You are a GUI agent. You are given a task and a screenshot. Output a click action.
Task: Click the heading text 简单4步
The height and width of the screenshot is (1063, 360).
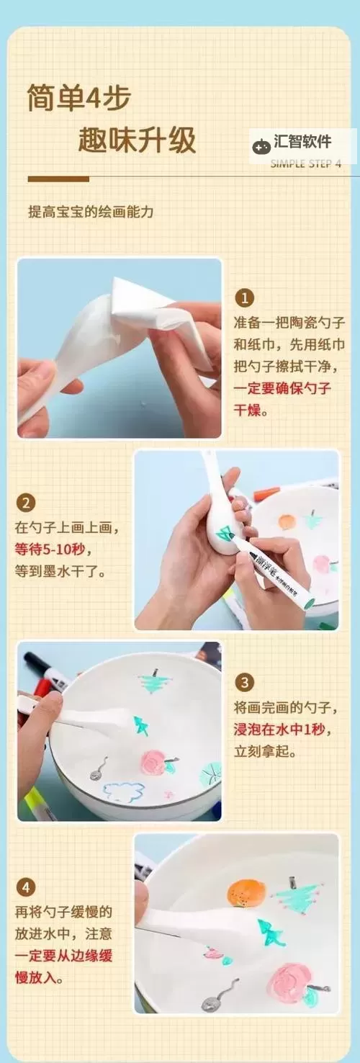(x=79, y=97)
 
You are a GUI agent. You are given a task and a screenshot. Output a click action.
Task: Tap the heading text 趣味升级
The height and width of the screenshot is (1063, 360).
(x=137, y=140)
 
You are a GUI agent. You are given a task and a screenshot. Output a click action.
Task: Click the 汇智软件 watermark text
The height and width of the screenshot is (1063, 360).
(x=302, y=142)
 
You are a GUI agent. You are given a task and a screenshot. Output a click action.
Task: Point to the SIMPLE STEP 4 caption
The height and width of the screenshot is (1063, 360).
(x=306, y=163)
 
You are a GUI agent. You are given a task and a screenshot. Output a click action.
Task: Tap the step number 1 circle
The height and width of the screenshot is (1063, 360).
(x=246, y=297)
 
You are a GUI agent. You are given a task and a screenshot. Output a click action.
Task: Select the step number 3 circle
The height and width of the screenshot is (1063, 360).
(x=246, y=682)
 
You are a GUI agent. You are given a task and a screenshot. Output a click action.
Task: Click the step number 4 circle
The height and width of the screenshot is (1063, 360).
(x=25, y=887)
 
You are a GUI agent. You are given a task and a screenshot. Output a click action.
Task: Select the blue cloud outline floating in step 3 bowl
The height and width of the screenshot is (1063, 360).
(x=124, y=791)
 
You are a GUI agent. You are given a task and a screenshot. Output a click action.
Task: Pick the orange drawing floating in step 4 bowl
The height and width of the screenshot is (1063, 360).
(x=246, y=893)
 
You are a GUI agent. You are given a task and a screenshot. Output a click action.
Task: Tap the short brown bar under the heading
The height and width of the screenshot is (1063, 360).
(x=58, y=179)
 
